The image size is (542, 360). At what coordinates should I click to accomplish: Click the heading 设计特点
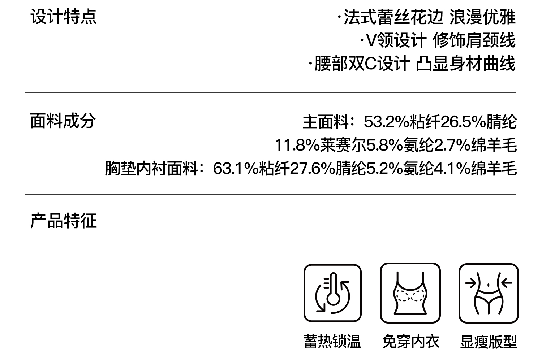tap(64, 17)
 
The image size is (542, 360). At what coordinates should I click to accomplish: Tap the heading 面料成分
tap(63, 121)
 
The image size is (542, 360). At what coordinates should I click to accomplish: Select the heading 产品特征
tap(64, 221)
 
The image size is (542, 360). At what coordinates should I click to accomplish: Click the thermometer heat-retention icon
tap(332, 293)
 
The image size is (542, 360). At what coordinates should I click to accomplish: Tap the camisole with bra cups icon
tap(410, 293)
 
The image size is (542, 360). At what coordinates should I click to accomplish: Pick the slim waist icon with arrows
tap(488, 293)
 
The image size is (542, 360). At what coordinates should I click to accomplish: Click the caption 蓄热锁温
tap(332, 342)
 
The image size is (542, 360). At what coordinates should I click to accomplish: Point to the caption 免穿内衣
tap(410, 342)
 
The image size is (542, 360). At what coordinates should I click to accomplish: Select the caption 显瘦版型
tap(488, 342)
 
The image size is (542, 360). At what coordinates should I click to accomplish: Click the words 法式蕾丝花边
tap(393, 17)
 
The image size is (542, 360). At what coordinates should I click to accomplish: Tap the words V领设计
tap(396, 40)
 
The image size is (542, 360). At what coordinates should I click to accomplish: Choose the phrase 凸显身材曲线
tap(465, 64)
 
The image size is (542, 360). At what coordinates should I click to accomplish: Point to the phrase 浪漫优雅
tap(482, 17)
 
